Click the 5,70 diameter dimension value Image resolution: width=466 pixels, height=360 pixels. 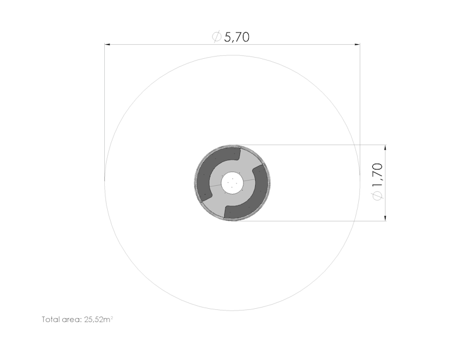pos(236,37)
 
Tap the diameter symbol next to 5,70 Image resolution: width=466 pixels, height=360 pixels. pos(217,37)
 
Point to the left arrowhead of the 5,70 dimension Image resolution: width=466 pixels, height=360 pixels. pos(107,45)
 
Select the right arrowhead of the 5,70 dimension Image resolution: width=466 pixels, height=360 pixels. pos(357,45)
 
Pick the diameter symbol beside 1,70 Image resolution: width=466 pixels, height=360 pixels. pos(377,196)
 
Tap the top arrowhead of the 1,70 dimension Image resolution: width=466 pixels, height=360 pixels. pos(386,148)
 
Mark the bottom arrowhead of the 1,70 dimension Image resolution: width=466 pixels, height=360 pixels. pos(386,218)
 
